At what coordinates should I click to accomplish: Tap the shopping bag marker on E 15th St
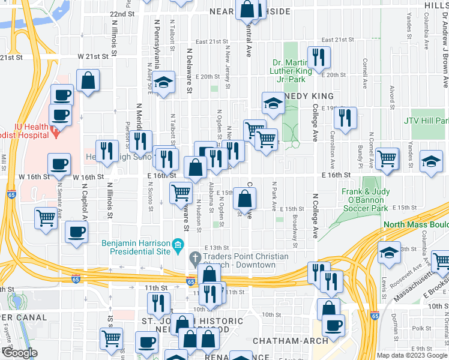(x=245, y=197)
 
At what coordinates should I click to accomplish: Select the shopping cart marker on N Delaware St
(x=181, y=193)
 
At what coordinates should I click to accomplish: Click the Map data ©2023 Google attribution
(x=412, y=355)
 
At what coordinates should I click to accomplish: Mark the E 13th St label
(x=217, y=248)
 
